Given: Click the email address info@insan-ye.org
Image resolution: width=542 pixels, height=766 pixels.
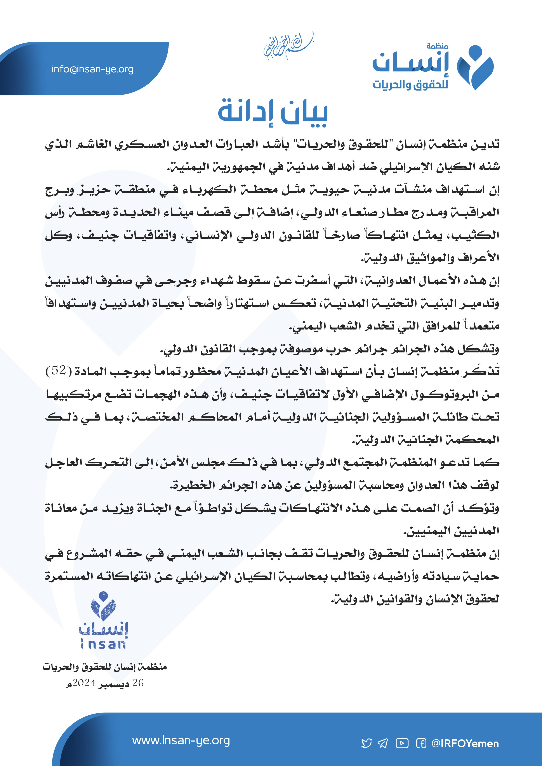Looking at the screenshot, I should click(92, 69).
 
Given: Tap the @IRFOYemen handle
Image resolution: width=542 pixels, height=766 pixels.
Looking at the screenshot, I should click(465, 743).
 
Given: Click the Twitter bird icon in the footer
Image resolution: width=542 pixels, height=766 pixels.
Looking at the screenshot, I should click(367, 743).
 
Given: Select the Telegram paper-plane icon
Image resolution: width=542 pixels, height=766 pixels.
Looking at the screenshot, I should click(383, 743).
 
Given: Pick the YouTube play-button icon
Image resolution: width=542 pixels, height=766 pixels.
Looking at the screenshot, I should click(402, 743).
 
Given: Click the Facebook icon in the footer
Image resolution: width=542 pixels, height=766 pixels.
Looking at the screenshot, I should click(421, 743).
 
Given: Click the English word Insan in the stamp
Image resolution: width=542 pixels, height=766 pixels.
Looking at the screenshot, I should click(103, 644).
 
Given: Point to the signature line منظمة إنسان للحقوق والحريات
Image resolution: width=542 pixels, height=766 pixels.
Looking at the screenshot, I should click(104, 667).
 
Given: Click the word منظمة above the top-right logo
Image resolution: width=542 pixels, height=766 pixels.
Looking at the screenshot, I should click(437, 46).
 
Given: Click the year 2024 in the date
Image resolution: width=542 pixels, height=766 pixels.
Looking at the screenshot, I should click(84, 683).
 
